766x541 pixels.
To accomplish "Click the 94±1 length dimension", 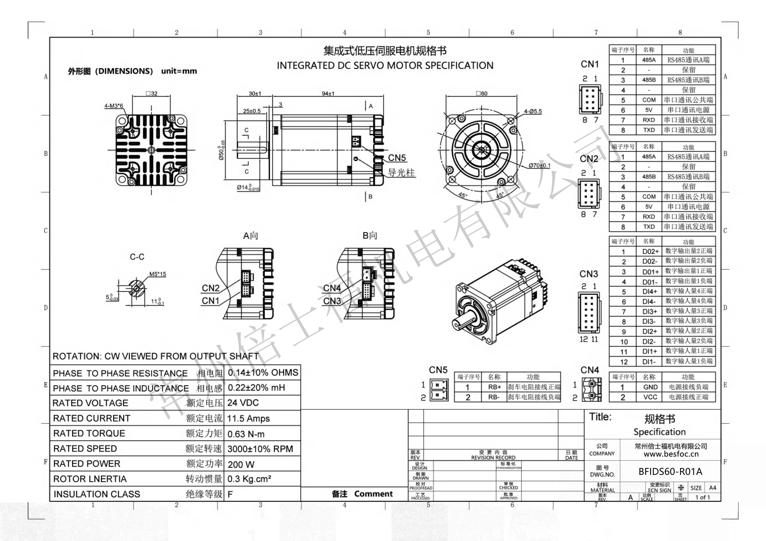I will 328,94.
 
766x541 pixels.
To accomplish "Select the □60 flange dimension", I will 481,94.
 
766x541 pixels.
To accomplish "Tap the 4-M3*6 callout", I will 113,106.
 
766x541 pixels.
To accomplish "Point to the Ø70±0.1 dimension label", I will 540,165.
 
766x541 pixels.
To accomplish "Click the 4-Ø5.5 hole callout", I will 533,111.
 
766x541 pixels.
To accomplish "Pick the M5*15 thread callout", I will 158,274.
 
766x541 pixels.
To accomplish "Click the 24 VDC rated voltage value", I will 243,403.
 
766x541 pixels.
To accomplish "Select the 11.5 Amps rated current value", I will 248,418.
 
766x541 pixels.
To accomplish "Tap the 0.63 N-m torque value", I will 245,434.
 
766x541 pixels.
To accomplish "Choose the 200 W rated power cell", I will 241,464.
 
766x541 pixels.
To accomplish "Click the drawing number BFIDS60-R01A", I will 670,471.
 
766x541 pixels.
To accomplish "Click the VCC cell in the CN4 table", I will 650,397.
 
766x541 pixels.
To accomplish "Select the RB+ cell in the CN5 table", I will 494,387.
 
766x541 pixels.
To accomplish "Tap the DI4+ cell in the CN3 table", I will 650,292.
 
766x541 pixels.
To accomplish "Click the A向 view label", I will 251,236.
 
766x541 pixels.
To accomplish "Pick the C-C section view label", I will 137,257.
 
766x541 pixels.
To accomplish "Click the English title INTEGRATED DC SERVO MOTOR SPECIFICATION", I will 385,65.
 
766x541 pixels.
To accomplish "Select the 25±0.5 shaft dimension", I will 252,111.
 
